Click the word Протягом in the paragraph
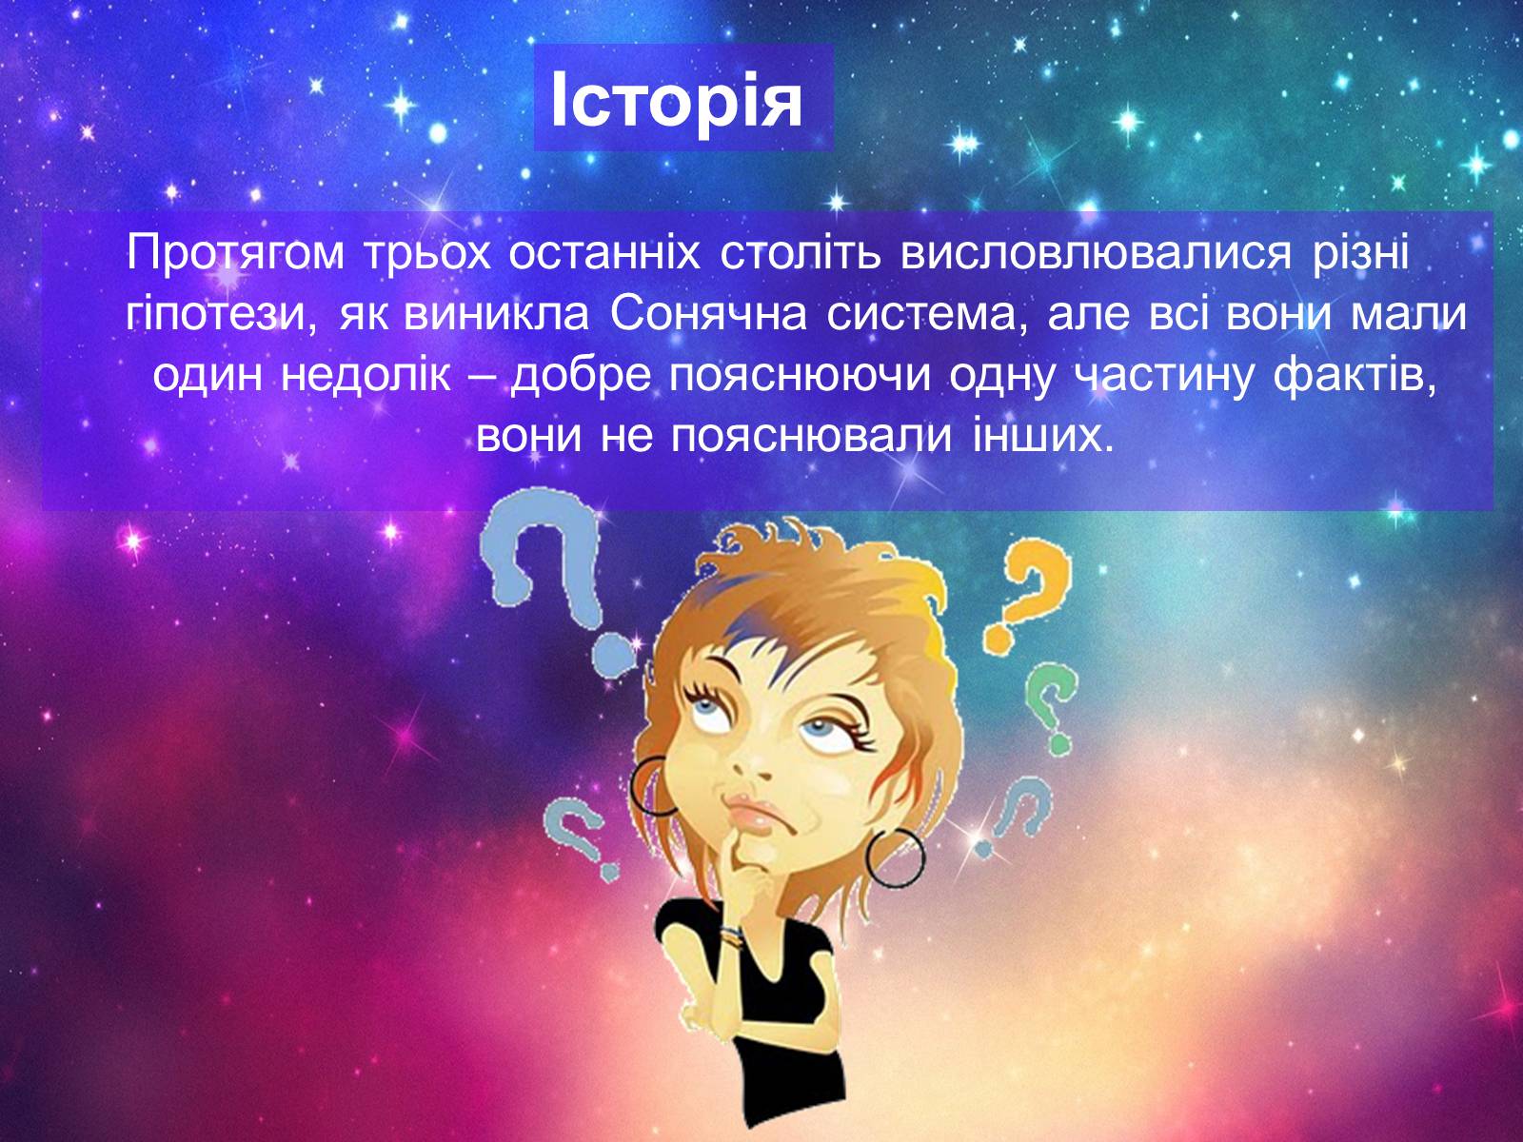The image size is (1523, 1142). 235,255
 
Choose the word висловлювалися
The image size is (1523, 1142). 1097,255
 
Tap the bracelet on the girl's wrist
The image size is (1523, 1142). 731,936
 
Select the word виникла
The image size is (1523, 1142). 496,316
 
